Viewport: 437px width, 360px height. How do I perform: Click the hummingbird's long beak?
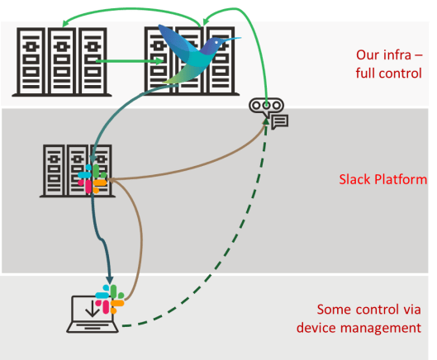pos(230,39)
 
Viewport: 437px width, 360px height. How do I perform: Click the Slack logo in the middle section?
pos(93,178)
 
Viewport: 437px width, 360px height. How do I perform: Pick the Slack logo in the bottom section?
pos(109,299)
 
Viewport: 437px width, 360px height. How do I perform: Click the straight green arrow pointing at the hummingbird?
pos(128,60)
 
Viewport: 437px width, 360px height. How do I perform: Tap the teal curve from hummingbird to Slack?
pos(124,116)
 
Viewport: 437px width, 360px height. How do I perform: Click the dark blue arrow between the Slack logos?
pos(102,239)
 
